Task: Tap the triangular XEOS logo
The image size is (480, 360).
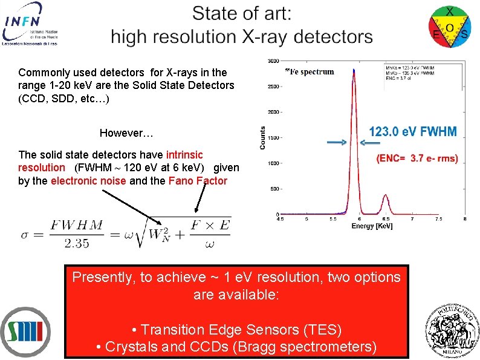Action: point(450,25)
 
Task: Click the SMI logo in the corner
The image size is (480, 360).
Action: point(26,332)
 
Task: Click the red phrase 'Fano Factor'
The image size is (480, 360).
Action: point(198,180)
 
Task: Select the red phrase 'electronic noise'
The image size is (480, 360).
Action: point(88,180)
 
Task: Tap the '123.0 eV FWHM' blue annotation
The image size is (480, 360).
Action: point(413,131)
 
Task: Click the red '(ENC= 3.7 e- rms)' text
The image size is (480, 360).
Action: point(417,159)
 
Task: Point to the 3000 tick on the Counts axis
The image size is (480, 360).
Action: point(273,61)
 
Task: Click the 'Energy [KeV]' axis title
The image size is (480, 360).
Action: point(372,226)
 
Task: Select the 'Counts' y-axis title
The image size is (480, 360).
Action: point(262,138)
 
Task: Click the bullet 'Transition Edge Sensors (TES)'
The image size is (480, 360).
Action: point(236,330)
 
